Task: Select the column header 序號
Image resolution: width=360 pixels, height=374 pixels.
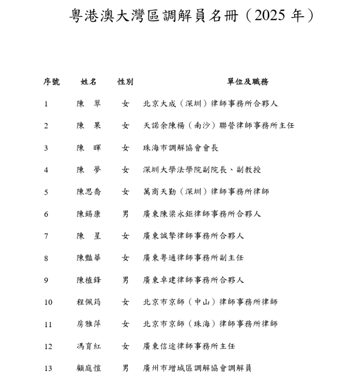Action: (51, 82)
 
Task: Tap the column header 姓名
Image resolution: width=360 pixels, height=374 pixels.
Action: (89, 82)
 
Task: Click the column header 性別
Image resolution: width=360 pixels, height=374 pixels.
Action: (126, 82)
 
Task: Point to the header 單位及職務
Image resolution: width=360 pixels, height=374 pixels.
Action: (248, 82)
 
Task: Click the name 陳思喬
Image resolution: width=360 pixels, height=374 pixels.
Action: (89, 192)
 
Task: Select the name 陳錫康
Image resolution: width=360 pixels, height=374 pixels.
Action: (89, 214)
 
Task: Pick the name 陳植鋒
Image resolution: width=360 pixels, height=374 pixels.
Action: (89, 280)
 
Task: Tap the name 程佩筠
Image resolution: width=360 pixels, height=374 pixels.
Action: (89, 302)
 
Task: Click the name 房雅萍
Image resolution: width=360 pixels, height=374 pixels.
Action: (89, 324)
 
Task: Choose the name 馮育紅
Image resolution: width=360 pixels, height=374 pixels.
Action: (89, 347)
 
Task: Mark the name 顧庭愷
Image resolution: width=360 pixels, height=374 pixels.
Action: (89, 369)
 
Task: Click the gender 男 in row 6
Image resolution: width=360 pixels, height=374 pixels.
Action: (126, 214)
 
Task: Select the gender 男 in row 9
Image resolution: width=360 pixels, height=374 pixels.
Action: (126, 280)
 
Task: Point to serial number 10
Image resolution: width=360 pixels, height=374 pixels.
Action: (48, 302)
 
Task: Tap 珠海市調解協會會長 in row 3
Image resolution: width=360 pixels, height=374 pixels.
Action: (180, 148)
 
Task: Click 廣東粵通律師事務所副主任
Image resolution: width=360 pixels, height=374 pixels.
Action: (193, 258)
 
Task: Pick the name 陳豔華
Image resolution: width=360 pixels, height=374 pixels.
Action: (89, 258)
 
